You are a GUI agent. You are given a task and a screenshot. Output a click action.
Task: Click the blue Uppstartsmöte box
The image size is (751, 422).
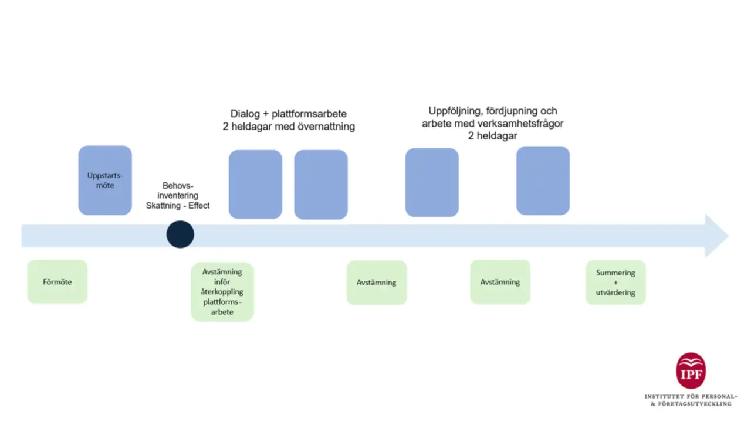105,180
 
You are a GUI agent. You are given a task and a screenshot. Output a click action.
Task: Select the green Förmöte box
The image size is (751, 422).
57,282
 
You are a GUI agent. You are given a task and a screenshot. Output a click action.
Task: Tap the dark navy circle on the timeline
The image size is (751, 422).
180,234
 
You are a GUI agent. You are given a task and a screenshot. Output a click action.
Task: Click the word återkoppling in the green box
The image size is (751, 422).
222,292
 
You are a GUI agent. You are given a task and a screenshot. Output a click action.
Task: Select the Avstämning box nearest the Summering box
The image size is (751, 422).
500,282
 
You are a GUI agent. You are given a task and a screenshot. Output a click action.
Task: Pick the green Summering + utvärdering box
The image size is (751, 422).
615,283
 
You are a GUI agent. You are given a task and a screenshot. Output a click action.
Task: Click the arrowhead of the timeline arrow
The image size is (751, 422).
716,236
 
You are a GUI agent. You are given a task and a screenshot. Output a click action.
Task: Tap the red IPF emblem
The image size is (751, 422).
691,370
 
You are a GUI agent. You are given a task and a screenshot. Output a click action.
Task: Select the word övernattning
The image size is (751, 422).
323,127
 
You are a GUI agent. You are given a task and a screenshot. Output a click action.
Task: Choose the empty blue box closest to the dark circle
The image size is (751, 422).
255,184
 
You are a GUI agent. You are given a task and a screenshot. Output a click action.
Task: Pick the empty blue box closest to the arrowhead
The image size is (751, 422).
543,181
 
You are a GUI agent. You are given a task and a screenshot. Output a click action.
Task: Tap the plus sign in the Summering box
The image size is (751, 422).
615,283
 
